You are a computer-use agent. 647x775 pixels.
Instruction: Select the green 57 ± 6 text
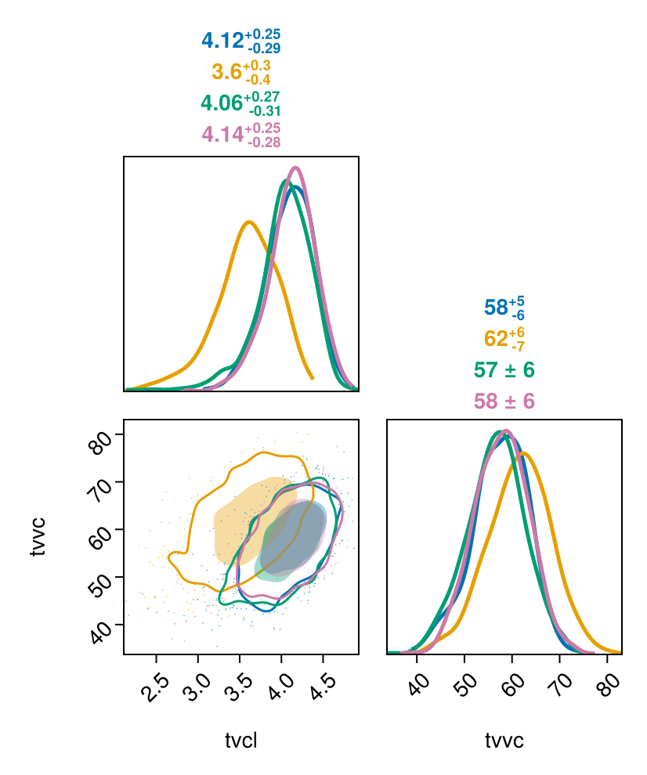[504, 370]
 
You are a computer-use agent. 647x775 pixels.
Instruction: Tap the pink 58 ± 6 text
[504, 402]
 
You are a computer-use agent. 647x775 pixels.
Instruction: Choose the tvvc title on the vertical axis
[37, 536]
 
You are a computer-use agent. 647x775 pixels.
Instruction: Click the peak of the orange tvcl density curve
[249, 222]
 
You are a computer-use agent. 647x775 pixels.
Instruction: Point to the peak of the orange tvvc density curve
[522, 453]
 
